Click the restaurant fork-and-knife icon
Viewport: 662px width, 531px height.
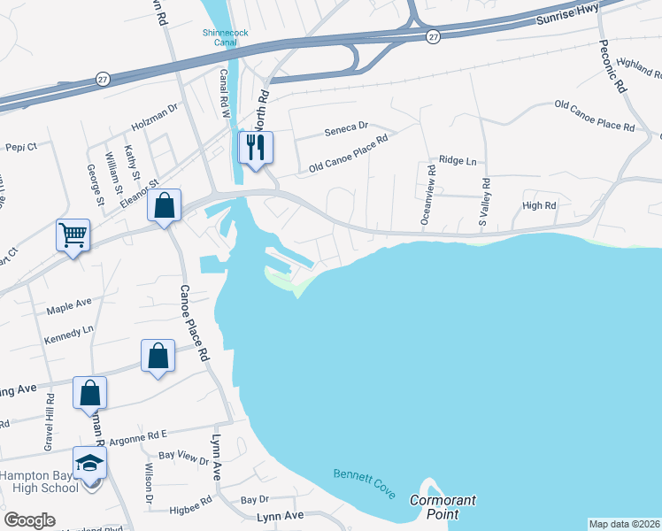pyautogui.click(x=256, y=147)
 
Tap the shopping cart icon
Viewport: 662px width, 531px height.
pyautogui.click(x=73, y=235)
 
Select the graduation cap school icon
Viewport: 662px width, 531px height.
pyautogui.click(x=89, y=463)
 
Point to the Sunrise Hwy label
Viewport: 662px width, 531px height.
pyautogui.click(x=567, y=15)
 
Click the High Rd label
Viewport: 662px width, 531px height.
pyautogui.click(x=538, y=205)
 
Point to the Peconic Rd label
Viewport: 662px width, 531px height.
pyautogui.click(x=613, y=67)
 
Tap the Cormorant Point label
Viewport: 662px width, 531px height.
pyautogui.click(x=443, y=506)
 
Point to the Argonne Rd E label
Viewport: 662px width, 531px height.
pyautogui.click(x=136, y=435)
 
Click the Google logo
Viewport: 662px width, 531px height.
pyautogui.click(x=29, y=519)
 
